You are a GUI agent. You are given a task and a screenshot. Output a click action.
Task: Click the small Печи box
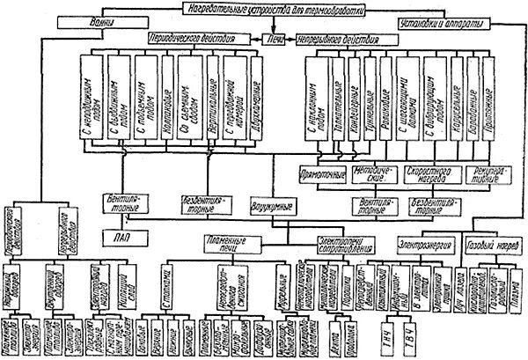(275, 40)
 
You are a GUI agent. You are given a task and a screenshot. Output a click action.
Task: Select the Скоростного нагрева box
(428, 175)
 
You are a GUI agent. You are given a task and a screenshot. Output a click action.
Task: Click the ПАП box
(120, 236)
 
